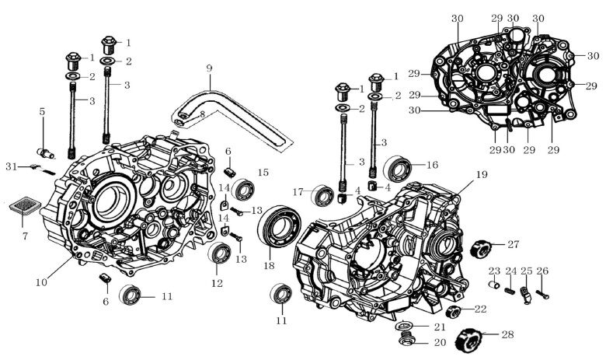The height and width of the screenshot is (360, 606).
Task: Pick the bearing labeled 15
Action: (243, 189)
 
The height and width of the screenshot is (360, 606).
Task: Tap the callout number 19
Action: (482, 175)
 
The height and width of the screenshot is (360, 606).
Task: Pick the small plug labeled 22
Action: (458, 313)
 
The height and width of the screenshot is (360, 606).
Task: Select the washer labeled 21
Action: (404, 325)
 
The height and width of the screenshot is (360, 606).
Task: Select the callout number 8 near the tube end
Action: (201, 114)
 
